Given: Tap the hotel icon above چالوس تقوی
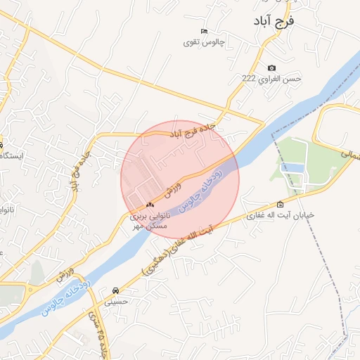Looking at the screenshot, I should pos(204,32).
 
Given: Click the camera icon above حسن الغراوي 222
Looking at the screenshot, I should pos(272,68).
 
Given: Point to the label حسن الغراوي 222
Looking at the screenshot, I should pos(272,79).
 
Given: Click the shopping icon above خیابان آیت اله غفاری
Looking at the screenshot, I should pos(281,205).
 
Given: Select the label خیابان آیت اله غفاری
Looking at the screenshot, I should pos(281,215).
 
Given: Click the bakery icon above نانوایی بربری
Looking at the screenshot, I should pos(149,205).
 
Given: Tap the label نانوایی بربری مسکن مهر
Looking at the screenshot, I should pos(150,221).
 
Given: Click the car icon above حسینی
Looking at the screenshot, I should pos(115,290).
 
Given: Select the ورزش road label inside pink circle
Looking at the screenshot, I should pos(174,188).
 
